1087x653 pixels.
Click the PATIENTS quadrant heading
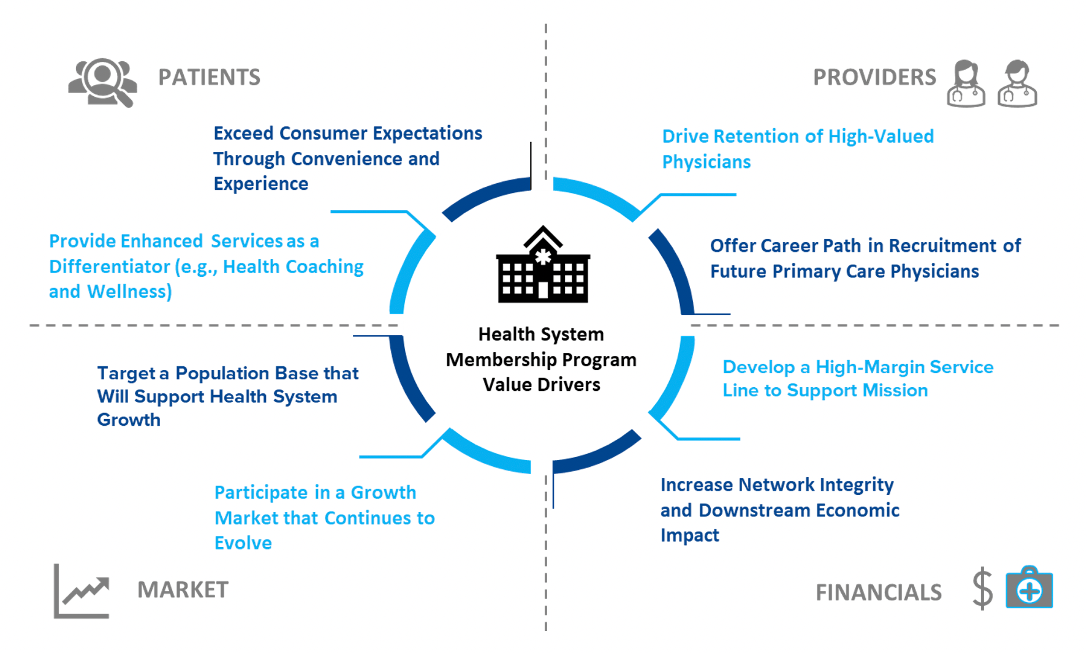tap(209, 77)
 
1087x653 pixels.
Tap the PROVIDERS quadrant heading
tap(874, 77)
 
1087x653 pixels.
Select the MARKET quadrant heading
tap(183, 590)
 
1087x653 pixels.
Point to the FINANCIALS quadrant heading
tap(878, 592)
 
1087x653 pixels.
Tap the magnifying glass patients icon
tap(103, 82)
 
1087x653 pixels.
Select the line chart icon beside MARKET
tap(81, 591)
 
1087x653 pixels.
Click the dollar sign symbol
tap(982, 588)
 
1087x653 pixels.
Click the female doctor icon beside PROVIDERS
tap(966, 83)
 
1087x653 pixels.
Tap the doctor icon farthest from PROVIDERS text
tap(1017, 83)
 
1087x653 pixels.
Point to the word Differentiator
tap(109, 266)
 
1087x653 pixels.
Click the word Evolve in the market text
tap(243, 543)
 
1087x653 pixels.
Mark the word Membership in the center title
tap(501, 360)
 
